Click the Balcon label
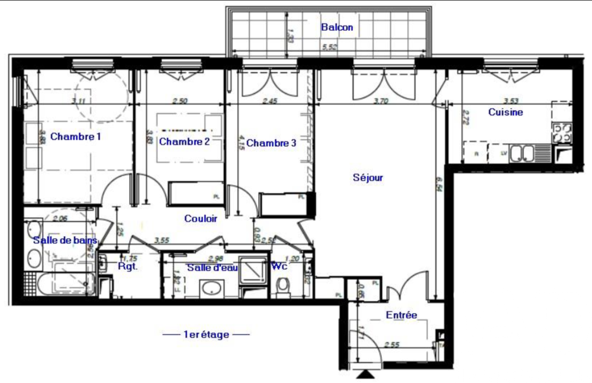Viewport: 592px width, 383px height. [x=337, y=27]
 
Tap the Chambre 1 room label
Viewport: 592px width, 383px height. [x=76, y=137]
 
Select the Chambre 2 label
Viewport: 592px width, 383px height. [x=185, y=141]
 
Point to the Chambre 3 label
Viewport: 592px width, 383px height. [x=271, y=143]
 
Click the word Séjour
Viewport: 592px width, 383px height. [x=368, y=177]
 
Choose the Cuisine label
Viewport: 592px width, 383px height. [x=506, y=112]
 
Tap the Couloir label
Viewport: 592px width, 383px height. [x=200, y=218]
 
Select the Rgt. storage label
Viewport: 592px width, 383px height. [x=127, y=267]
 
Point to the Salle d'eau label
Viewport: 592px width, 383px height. [x=212, y=268]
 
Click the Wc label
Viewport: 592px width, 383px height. [x=279, y=267]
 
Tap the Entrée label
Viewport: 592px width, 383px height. [x=401, y=315]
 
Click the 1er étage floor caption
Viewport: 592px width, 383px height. [x=206, y=334]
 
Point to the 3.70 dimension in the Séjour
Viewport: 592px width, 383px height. [x=381, y=101]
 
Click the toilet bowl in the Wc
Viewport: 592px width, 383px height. [x=282, y=288]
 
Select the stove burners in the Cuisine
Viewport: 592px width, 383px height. [x=562, y=133]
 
